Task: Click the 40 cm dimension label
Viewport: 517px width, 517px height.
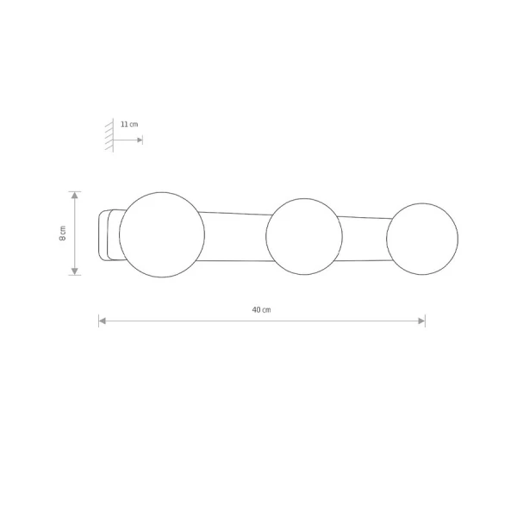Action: tap(261, 310)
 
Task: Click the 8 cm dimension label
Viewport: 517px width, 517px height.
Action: tap(63, 234)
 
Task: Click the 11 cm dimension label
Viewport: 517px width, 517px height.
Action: tap(129, 124)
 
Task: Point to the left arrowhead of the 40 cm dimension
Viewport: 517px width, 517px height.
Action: tap(103, 321)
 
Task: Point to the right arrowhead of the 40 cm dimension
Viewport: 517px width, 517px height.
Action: tap(421, 321)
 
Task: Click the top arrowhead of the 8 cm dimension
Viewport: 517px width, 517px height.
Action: tap(75, 196)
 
